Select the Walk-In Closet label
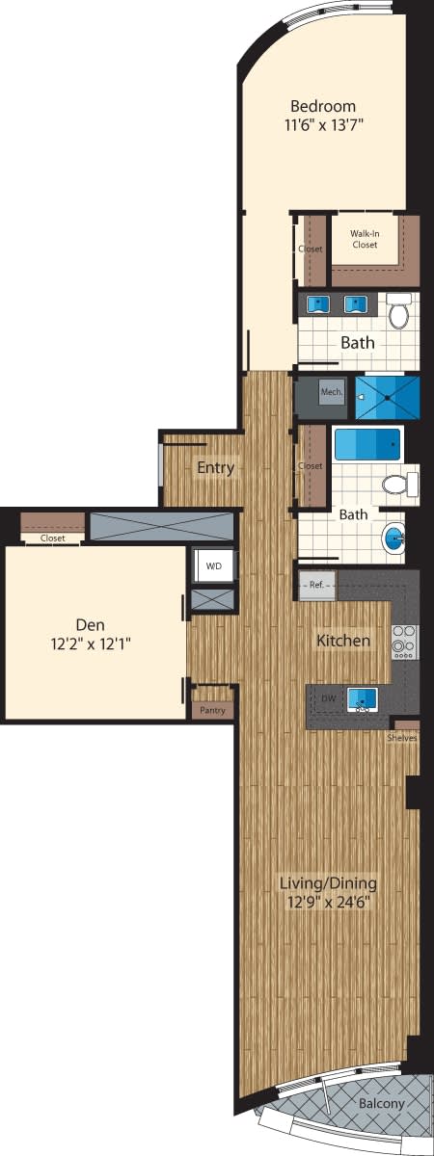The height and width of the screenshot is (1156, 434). [364, 239]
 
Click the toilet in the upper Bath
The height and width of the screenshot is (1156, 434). [399, 311]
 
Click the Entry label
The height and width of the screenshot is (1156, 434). [215, 467]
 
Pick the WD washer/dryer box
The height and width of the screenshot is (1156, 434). [213, 566]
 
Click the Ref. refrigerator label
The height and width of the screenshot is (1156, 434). [317, 584]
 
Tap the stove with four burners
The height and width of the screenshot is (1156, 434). [404, 642]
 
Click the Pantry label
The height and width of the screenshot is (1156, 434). [212, 710]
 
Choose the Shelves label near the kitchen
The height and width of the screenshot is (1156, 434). [401, 738]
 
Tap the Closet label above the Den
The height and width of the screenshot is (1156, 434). [53, 539]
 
